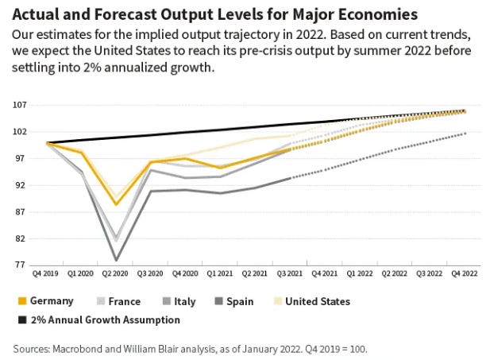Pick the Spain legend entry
tap(249, 301)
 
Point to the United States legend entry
tap(316, 301)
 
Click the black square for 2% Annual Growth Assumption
tap(21, 320)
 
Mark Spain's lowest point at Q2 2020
tap(117, 260)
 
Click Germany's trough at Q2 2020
tap(117, 204)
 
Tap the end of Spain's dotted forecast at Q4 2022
tap(465, 134)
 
